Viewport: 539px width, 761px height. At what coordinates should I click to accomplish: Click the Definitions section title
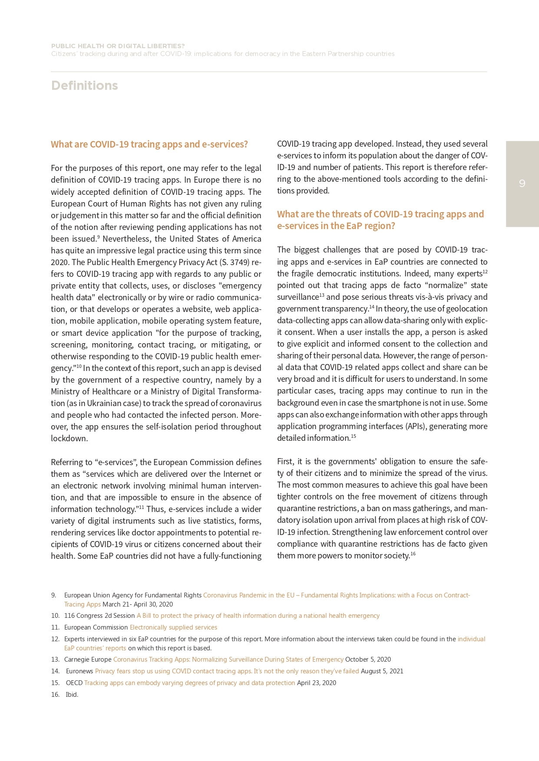pyautogui.click(x=84, y=85)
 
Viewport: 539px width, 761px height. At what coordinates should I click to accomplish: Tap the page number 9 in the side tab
pyautogui.click(x=522, y=184)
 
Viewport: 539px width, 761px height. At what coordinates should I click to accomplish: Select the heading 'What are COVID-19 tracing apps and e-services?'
pyautogui.click(x=149, y=144)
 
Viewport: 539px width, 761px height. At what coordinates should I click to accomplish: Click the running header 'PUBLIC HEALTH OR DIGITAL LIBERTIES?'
pyautogui.click(x=118, y=46)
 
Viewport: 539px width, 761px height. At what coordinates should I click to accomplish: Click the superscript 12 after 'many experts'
pyautogui.click(x=485, y=272)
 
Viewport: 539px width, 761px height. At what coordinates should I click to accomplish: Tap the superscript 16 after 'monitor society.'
pyautogui.click(x=413, y=554)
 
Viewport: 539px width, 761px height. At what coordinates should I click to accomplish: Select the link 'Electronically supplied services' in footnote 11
pyautogui.click(x=173, y=627)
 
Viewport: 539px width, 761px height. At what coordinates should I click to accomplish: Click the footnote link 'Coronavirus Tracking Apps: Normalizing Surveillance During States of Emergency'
pyautogui.click(x=228, y=659)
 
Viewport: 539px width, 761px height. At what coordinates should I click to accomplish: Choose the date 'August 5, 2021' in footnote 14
pyautogui.click(x=382, y=671)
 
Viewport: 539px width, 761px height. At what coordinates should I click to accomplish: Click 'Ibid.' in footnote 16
pyautogui.click(x=72, y=695)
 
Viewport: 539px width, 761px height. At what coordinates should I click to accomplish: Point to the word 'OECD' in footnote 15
pyautogui.click(x=74, y=683)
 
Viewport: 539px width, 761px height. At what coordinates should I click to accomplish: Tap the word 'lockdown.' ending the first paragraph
pyautogui.click(x=69, y=439)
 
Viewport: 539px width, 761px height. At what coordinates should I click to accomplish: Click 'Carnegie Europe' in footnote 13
pyautogui.click(x=88, y=659)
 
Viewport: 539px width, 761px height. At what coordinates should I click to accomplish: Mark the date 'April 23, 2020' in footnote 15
pyautogui.click(x=316, y=683)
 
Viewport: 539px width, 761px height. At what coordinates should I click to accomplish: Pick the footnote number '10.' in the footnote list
pyautogui.click(x=55, y=616)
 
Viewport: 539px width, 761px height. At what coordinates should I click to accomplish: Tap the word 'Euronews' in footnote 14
pyautogui.click(x=79, y=671)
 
